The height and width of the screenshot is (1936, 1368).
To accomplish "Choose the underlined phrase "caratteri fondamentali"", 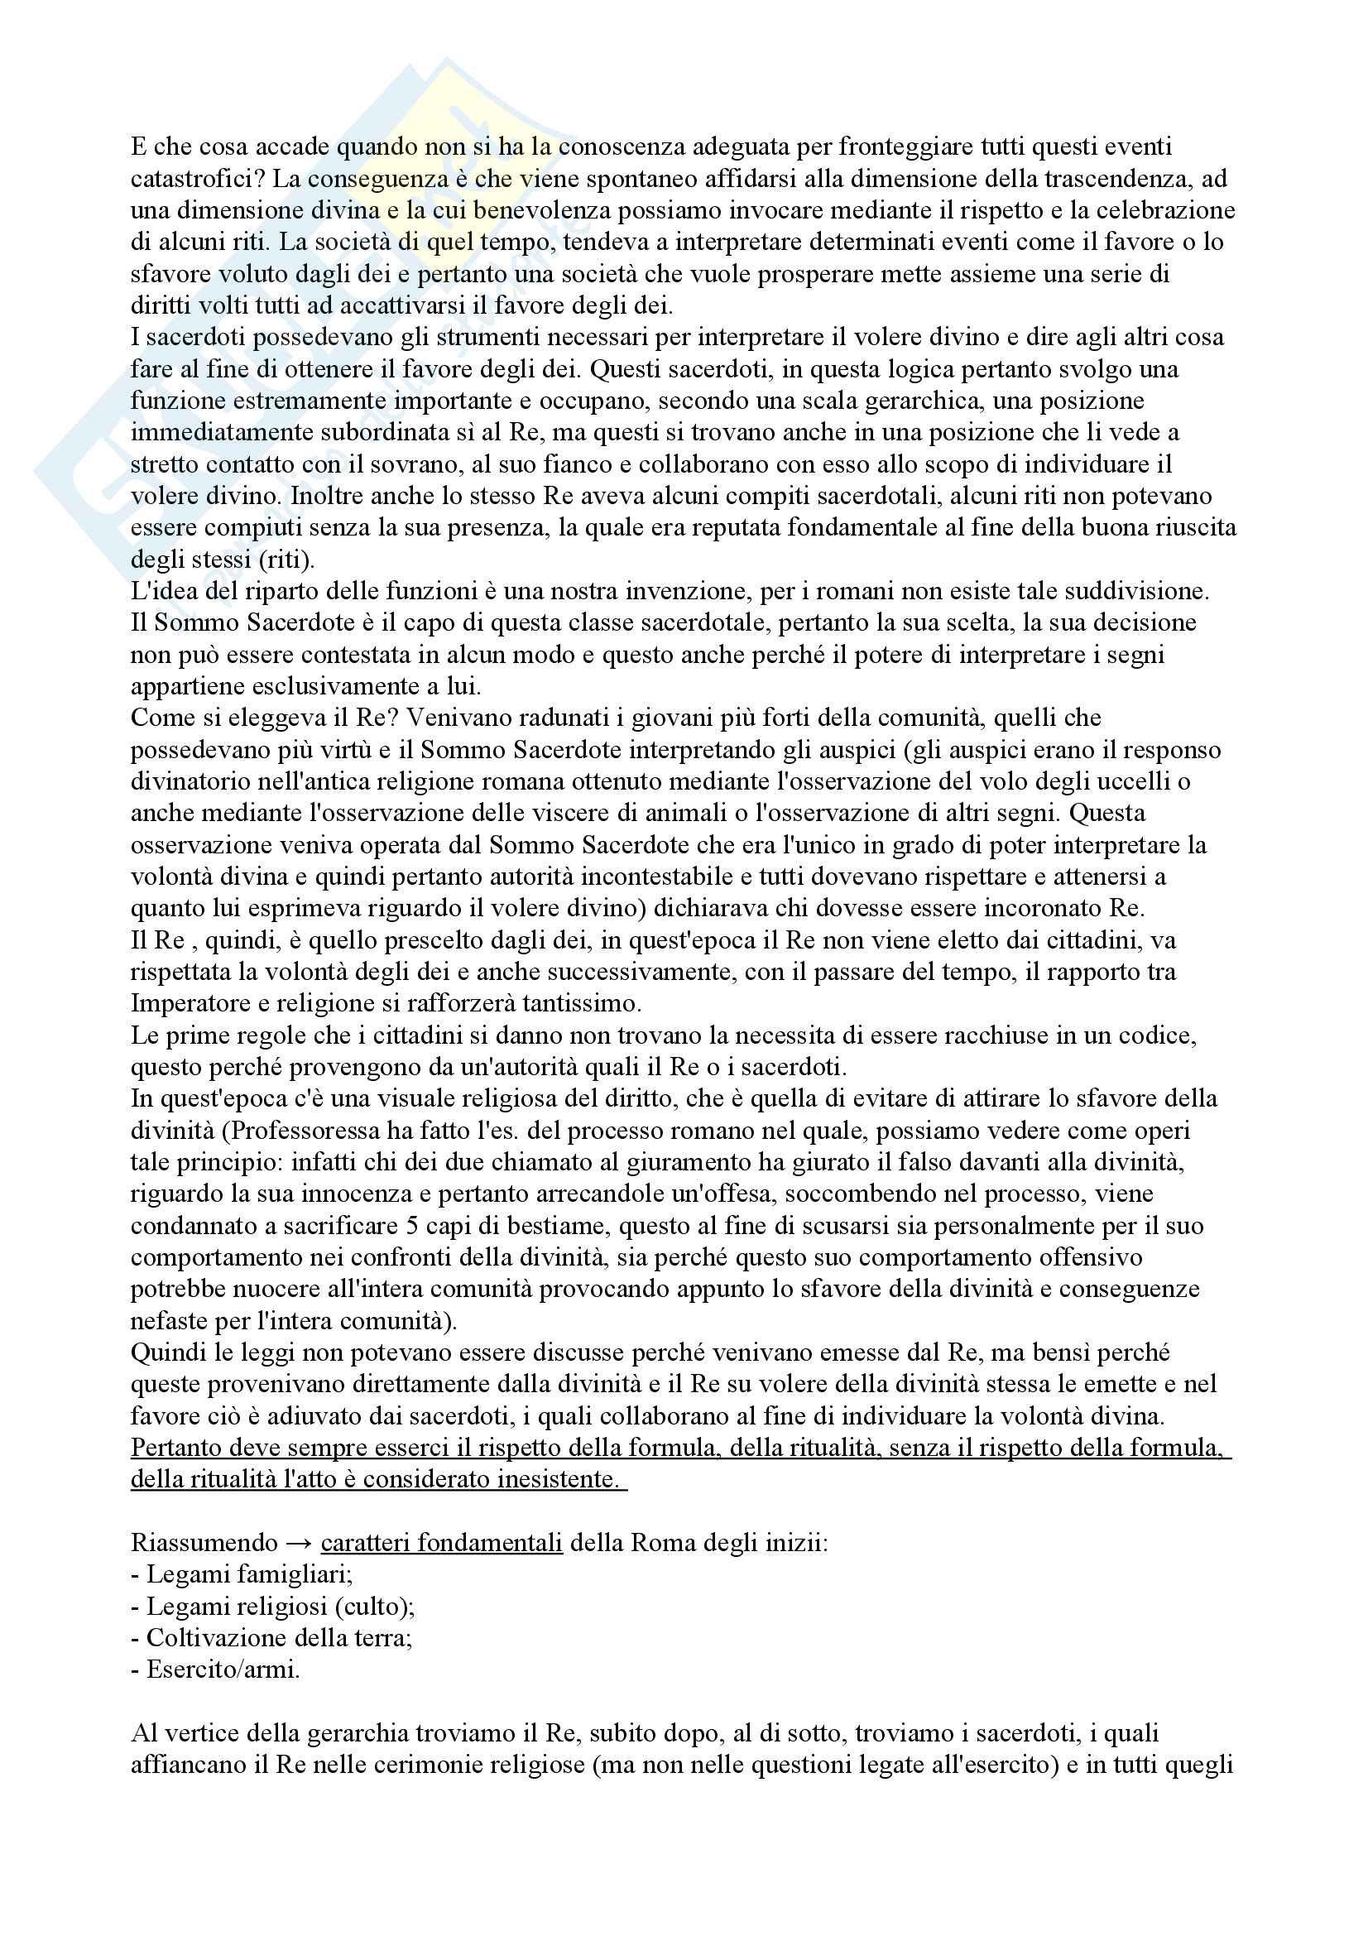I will (442, 1543).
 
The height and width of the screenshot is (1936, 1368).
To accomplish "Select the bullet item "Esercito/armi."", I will (216, 1669).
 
